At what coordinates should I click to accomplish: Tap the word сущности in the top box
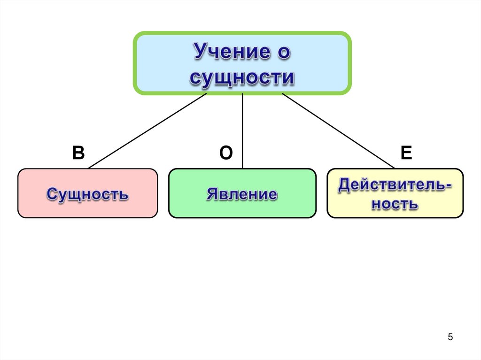tap(242, 77)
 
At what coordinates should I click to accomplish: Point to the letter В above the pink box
tap(78, 153)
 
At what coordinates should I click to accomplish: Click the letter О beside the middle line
tap(226, 153)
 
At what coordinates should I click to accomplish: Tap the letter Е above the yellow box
tap(406, 153)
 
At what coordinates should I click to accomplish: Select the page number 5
tap(450, 337)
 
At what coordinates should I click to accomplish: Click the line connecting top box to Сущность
tap(147, 130)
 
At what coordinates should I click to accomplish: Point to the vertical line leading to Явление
tap(242, 131)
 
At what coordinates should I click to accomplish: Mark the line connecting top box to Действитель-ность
tap(338, 130)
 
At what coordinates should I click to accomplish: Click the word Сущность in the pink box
tap(87, 193)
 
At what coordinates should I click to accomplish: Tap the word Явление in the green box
tap(242, 193)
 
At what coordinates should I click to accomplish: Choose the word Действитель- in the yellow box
tap(395, 184)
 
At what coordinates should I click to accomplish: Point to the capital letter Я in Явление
tap(212, 193)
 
